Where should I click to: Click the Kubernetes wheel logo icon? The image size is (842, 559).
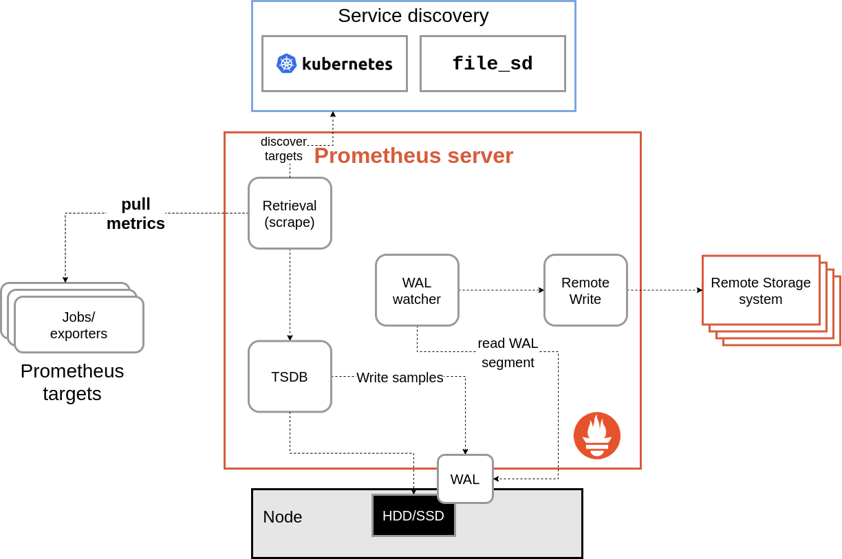click(286, 63)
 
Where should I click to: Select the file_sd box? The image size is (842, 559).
click(493, 64)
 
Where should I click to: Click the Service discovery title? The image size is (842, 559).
click(413, 16)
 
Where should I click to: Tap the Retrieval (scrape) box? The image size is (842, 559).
click(290, 213)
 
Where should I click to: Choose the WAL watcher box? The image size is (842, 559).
click(417, 290)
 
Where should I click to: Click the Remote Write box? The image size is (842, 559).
click(585, 290)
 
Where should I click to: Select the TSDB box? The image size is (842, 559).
click(290, 377)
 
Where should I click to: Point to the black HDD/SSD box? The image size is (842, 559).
click(413, 516)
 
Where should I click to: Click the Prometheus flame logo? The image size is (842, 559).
click(597, 435)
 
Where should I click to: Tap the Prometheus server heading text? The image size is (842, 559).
click(413, 155)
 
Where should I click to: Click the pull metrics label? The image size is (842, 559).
click(136, 214)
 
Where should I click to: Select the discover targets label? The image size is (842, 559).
click(283, 149)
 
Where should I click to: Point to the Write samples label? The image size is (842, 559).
click(400, 377)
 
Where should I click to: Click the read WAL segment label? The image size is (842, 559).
click(508, 353)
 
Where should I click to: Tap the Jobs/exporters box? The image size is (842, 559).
click(79, 325)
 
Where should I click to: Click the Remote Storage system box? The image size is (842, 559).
click(761, 290)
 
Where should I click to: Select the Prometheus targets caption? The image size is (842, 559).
click(72, 382)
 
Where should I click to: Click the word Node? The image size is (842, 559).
click(283, 517)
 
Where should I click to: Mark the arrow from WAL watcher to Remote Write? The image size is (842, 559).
click(501, 290)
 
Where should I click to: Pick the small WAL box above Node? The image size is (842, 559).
click(465, 479)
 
